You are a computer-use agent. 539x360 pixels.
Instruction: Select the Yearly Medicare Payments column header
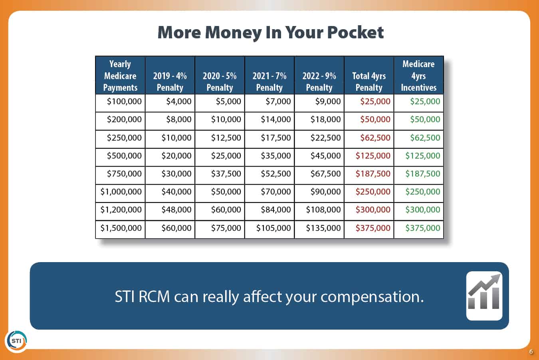coord(120,76)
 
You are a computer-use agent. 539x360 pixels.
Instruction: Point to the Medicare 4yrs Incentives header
coord(418,76)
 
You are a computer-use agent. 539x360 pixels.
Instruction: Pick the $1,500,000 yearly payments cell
coord(121,228)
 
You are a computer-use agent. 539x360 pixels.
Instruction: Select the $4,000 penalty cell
coord(179,101)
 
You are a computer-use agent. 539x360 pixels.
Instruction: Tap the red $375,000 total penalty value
coord(373,228)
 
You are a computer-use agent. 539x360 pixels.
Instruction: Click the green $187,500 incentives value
coord(422,174)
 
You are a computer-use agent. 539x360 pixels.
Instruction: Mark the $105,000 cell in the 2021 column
coord(273,228)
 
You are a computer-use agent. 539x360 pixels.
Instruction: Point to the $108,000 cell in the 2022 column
coord(323,210)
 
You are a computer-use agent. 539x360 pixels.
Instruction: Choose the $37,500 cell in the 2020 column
coord(226,174)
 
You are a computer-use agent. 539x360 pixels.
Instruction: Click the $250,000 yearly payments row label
coord(124,138)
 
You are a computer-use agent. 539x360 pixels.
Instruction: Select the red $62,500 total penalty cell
coord(375,138)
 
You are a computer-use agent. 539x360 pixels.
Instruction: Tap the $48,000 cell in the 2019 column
coord(176,210)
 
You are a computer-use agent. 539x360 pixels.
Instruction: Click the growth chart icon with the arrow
coord(484,296)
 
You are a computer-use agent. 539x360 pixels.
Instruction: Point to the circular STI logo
coord(17,341)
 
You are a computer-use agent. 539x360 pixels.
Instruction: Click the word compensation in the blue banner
coord(372,297)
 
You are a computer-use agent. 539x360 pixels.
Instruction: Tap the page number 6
coord(531,352)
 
